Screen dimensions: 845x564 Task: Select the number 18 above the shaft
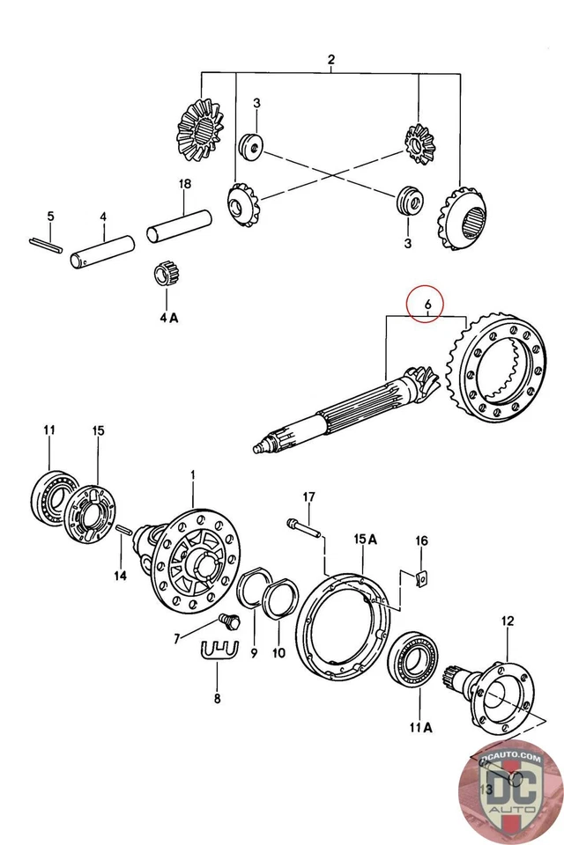[x=184, y=184]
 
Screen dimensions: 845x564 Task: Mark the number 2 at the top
[x=331, y=60]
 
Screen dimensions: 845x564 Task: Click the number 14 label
[x=120, y=576]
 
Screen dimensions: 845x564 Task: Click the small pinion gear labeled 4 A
[x=166, y=274]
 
